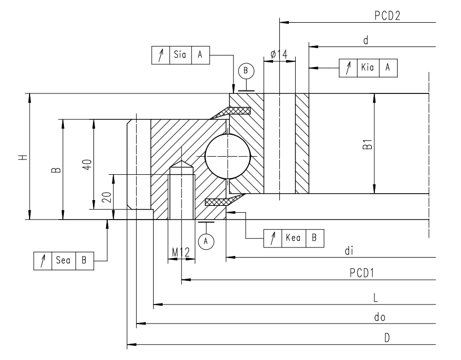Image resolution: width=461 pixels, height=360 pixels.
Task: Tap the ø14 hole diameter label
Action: [278, 54]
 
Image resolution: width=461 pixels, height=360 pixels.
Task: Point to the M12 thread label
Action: [181, 253]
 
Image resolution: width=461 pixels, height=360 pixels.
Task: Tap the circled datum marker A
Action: [206, 241]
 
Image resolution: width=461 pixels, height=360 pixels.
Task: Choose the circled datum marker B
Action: [246, 70]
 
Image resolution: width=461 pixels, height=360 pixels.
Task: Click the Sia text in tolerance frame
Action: [179, 55]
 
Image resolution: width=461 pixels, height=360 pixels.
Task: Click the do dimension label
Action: [377, 318]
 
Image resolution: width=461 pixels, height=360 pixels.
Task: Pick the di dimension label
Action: [348, 251]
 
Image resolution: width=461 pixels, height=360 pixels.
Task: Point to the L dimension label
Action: [375, 298]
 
